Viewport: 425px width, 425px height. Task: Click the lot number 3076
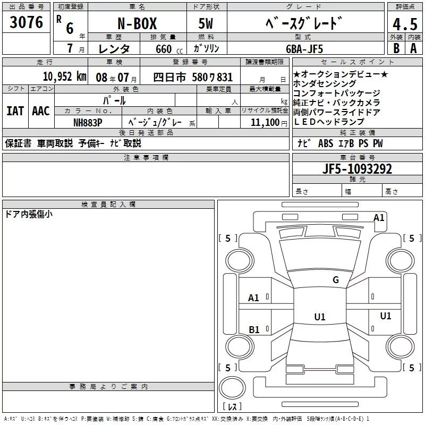(26, 23)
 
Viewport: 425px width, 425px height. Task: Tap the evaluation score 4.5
(404, 24)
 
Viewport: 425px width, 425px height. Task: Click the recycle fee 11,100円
(267, 123)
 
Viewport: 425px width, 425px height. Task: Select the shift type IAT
(15, 110)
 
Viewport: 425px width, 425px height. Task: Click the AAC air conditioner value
(40, 110)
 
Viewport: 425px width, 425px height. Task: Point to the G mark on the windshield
(335, 280)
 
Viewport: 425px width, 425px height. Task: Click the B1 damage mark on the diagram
(254, 330)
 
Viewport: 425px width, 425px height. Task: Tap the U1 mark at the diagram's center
(319, 317)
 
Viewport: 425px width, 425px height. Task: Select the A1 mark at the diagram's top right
(379, 217)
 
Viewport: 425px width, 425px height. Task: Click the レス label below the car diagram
(232, 407)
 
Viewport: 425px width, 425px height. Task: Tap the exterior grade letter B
(396, 48)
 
